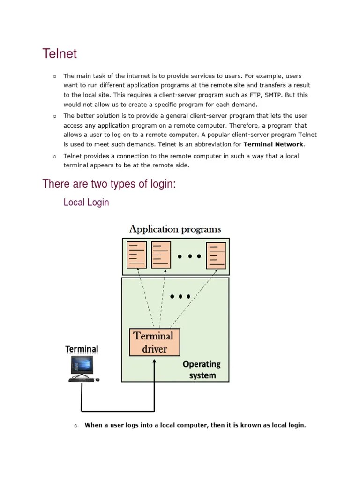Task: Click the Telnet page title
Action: click(60, 54)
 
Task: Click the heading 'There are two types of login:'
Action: click(109, 184)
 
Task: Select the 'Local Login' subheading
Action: click(86, 202)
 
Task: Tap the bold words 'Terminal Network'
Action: click(274, 144)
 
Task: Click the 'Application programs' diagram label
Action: click(175, 229)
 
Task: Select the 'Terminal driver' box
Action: click(154, 342)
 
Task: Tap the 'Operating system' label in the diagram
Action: click(202, 369)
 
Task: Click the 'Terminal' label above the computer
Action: click(82, 349)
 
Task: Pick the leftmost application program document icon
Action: click(136, 255)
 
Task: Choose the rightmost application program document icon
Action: click(216, 255)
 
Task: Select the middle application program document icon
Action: click(161, 255)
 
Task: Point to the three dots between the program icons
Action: click(189, 256)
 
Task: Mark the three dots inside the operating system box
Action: click(180, 296)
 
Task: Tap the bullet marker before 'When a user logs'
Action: click(75, 426)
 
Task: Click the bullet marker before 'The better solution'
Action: click(54, 116)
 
